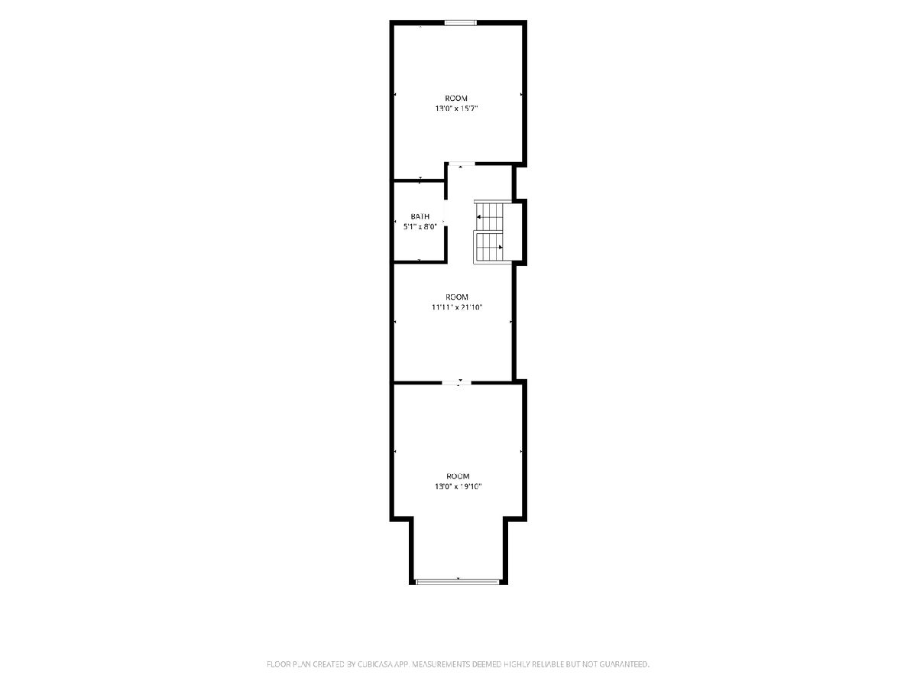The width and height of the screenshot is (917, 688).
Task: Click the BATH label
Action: click(420, 216)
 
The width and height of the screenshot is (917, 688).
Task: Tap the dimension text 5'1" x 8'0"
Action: click(420, 227)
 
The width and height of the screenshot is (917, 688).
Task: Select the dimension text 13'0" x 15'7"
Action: click(456, 109)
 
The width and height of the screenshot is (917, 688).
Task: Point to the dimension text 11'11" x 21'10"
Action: click(457, 307)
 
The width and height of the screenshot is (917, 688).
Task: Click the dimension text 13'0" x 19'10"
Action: click(458, 486)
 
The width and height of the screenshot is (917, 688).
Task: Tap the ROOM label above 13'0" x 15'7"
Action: click(456, 98)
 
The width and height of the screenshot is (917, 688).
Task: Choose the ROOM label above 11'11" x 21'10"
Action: click(457, 297)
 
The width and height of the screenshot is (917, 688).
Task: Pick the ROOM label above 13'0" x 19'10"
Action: click(458, 475)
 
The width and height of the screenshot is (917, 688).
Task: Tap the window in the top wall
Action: click(460, 23)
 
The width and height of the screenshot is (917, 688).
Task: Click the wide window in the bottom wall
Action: click(458, 581)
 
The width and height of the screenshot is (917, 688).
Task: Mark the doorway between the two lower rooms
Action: click(457, 382)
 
